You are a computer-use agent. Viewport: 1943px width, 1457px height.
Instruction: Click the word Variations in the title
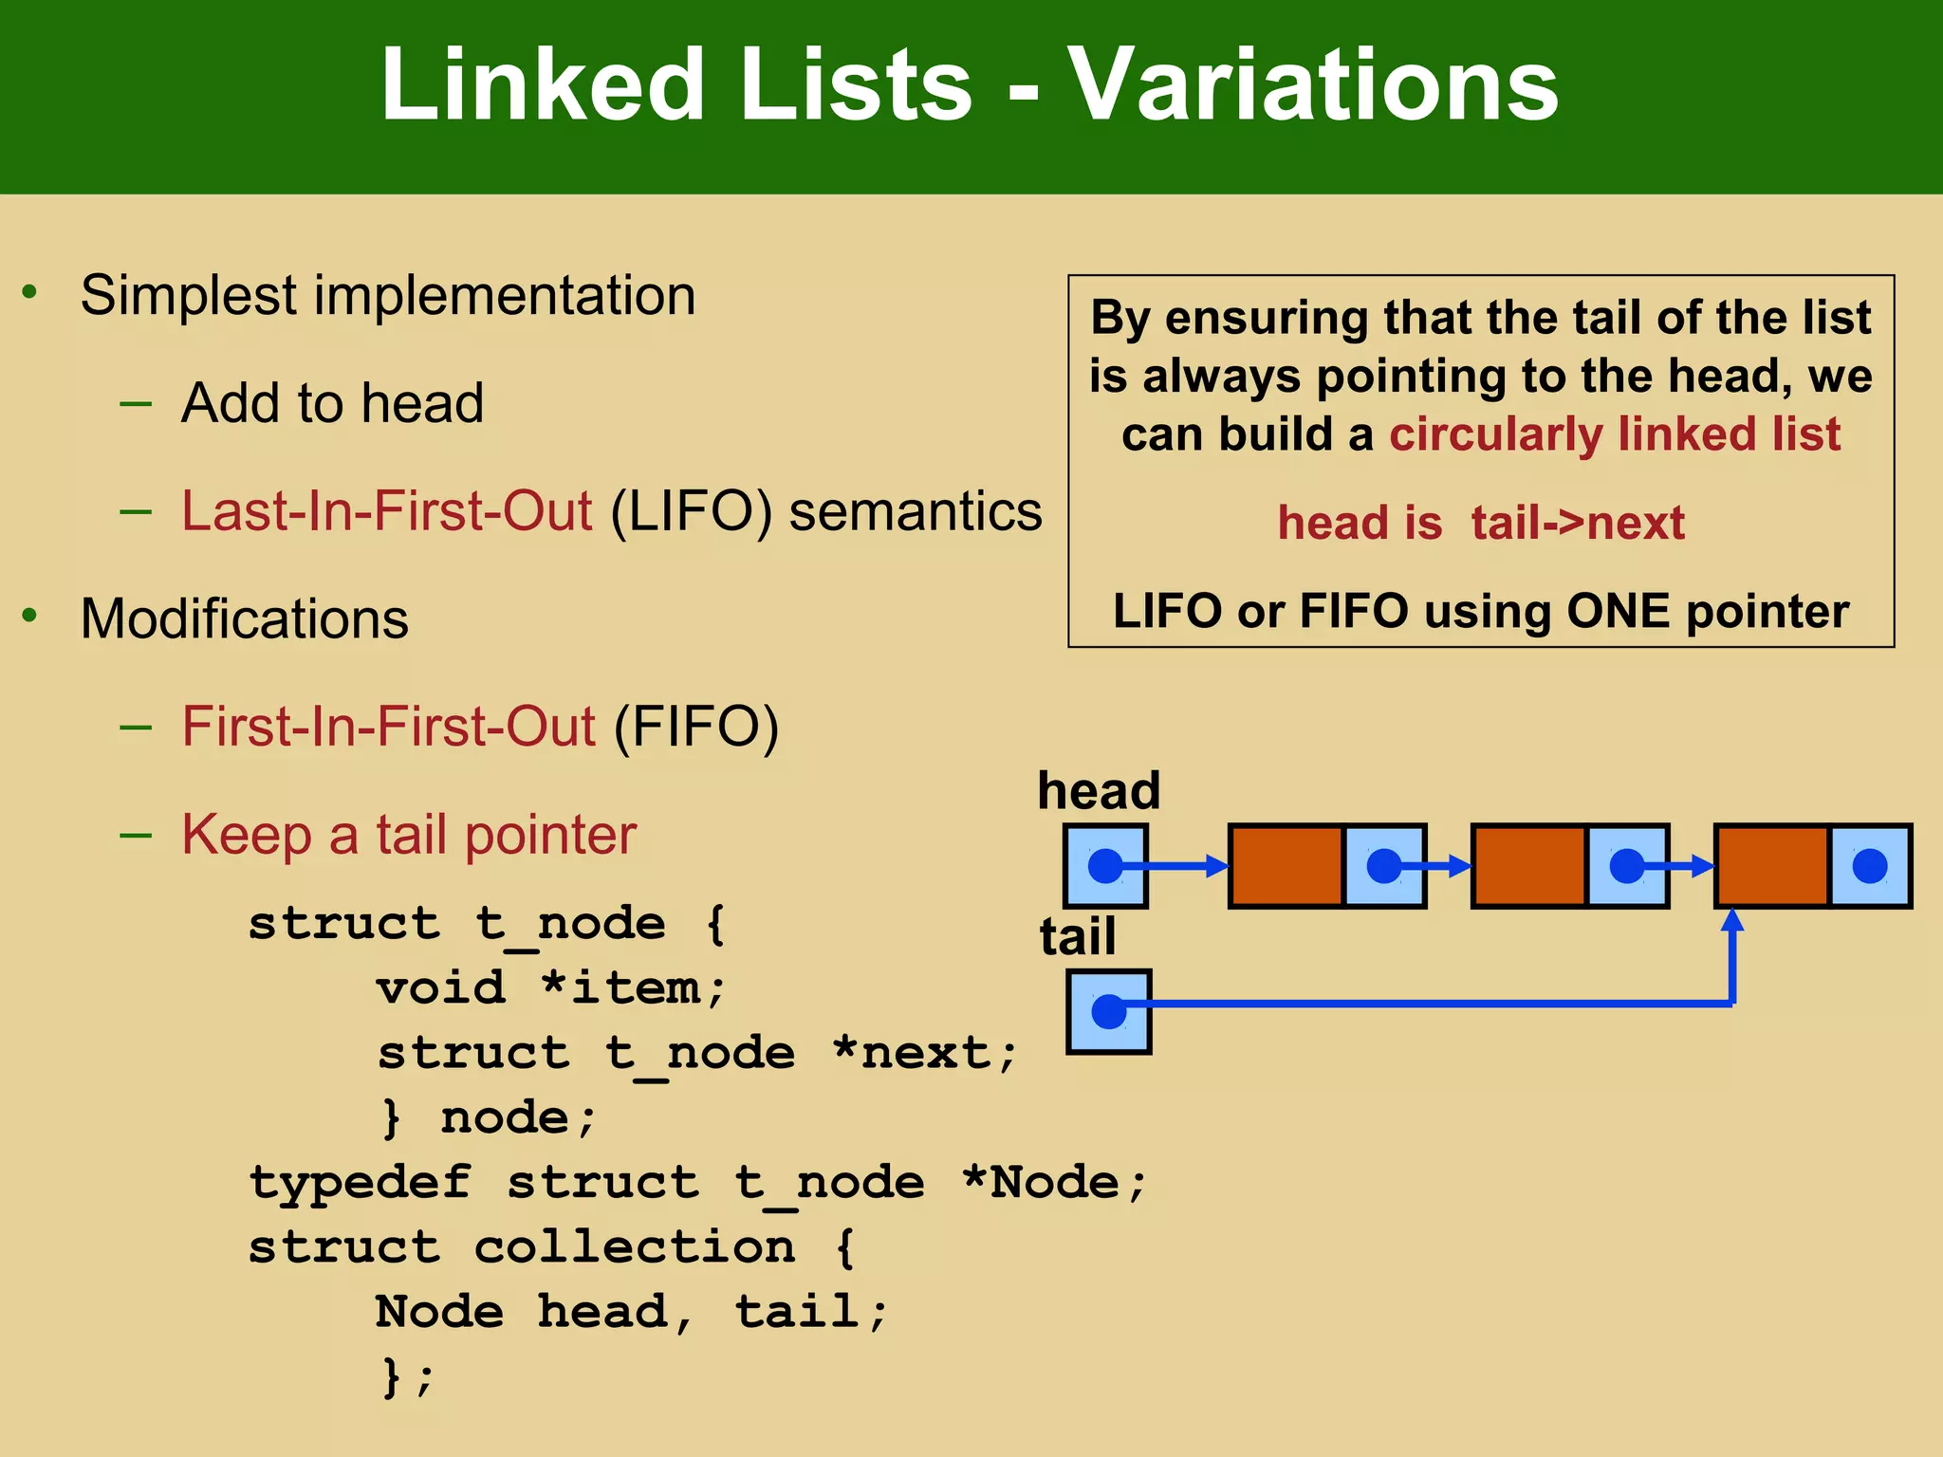[x=1313, y=85]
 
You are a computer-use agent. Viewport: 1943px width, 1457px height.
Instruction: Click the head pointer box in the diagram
[x=1105, y=866]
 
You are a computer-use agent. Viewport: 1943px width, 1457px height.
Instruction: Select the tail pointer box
[x=1108, y=1011]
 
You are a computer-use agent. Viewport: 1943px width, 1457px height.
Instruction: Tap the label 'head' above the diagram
[x=1099, y=790]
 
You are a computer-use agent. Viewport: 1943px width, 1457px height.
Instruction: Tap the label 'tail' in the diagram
[x=1077, y=936]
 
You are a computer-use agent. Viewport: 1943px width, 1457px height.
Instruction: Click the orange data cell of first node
[x=1286, y=866]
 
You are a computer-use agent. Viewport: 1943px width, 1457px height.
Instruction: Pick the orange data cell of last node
[x=1772, y=866]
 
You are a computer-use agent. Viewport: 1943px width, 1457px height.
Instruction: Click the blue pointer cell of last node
[x=1870, y=866]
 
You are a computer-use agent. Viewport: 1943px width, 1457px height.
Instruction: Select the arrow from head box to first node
[x=1176, y=866]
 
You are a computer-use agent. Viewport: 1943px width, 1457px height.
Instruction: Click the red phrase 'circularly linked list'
[x=1614, y=434]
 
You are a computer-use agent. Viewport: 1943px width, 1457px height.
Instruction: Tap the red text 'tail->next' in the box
[x=1578, y=523]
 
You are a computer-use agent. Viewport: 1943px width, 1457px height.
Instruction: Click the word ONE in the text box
[x=1618, y=611]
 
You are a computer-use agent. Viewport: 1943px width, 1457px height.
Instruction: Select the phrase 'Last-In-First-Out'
[x=386, y=510]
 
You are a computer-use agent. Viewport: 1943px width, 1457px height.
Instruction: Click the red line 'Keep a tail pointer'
[x=408, y=835]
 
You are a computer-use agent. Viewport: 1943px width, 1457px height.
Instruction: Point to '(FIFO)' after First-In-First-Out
[x=696, y=727]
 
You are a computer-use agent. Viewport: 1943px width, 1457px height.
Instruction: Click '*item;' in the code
[x=633, y=988]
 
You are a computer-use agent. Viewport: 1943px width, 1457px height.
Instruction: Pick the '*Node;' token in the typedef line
[x=1054, y=1183]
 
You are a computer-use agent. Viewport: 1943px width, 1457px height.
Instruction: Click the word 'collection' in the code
[x=634, y=1247]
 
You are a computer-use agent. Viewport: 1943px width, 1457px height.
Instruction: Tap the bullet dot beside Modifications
[x=30, y=617]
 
